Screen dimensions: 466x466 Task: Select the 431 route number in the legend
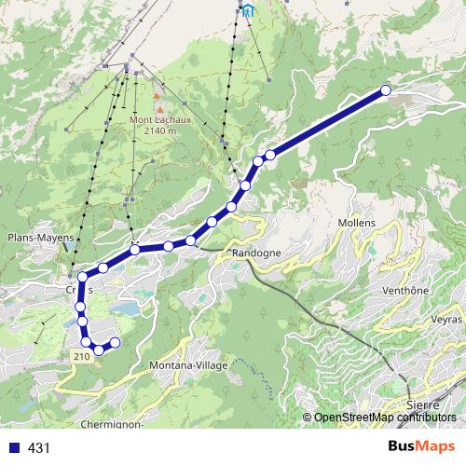pos(39,448)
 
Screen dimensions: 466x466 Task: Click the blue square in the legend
pos(13,448)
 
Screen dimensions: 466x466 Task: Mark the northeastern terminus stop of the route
pos(386,90)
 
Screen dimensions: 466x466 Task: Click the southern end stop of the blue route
pos(116,343)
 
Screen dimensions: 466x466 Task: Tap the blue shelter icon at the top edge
pos(248,11)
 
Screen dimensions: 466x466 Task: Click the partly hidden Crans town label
pos(73,289)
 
